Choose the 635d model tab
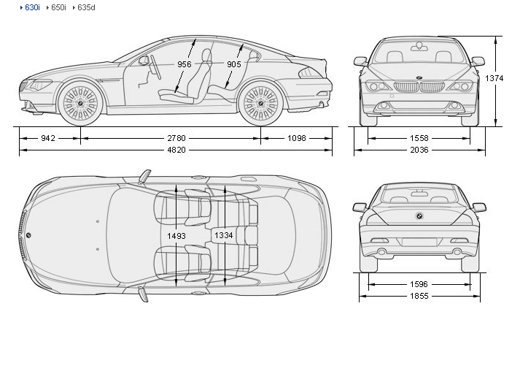pyautogui.click(x=85, y=7)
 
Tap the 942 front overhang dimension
pyautogui.click(x=49, y=137)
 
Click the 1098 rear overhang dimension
pyautogui.click(x=297, y=137)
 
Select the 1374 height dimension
pyautogui.click(x=495, y=78)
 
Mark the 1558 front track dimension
pyautogui.click(x=419, y=137)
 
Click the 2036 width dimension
pyautogui.click(x=419, y=150)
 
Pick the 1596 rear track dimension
pyautogui.click(x=419, y=284)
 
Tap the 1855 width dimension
pyautogui.click(x=419, y=296)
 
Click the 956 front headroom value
pyautogui.click(x=185, y=64)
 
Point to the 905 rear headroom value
pyautogui.click(x=234, y=64)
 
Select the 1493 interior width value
pyautogui.click(x=176, y=235)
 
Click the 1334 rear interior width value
pyautogui.click(x=224, y=235)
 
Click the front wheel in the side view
pyautogui.click(x=79, y=103)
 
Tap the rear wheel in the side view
pyautogui.click(x=261, y=103)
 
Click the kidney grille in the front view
pyautogui.click(x=419, y=87)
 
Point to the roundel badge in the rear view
pyautogui.click(x=419, y=215)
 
